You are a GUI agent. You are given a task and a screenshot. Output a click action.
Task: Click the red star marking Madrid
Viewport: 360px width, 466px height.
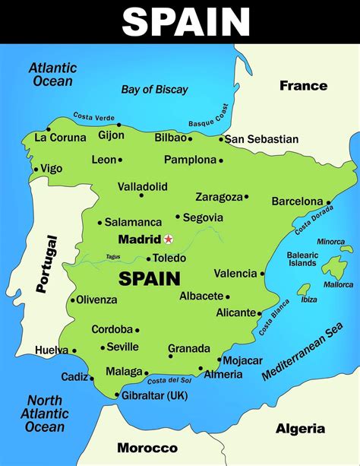[x=169, y=239]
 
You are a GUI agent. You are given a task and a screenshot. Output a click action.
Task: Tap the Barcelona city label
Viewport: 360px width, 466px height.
[x=297, y=201]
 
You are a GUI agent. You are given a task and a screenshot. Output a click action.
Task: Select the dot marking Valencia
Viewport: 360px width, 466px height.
[x=263, y=273]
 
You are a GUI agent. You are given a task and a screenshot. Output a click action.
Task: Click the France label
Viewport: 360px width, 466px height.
[x=303, y=85]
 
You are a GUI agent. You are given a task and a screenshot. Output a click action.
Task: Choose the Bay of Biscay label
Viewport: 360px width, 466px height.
[x=154, y=90]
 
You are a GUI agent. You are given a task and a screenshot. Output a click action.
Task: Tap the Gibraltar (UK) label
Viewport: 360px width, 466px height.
[x=154, y=395]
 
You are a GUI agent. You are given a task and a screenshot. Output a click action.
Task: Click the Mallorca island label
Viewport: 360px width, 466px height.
[x=338, y=285]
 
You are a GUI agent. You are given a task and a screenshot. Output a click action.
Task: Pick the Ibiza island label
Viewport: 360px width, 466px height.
[x=309, y=299]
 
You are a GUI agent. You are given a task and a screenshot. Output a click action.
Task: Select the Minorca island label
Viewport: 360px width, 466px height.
[x=330, y=242]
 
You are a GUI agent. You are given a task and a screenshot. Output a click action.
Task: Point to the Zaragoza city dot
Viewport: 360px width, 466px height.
[x=246, y=196]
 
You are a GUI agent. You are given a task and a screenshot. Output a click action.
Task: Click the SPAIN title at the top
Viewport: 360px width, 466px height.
[x=186, y=22]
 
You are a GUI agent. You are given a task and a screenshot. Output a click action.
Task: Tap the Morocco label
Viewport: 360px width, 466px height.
[x=147, y=448]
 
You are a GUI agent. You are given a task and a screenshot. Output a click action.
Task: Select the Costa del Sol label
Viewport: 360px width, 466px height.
[x=169, y=380]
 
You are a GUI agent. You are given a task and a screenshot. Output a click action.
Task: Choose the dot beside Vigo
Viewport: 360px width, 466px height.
[x=35, y=170]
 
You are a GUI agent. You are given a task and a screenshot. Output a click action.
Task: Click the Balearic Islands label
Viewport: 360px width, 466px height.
[x=302, y=259]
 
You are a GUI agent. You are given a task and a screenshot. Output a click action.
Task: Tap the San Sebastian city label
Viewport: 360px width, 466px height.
[x=262, y=139]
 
